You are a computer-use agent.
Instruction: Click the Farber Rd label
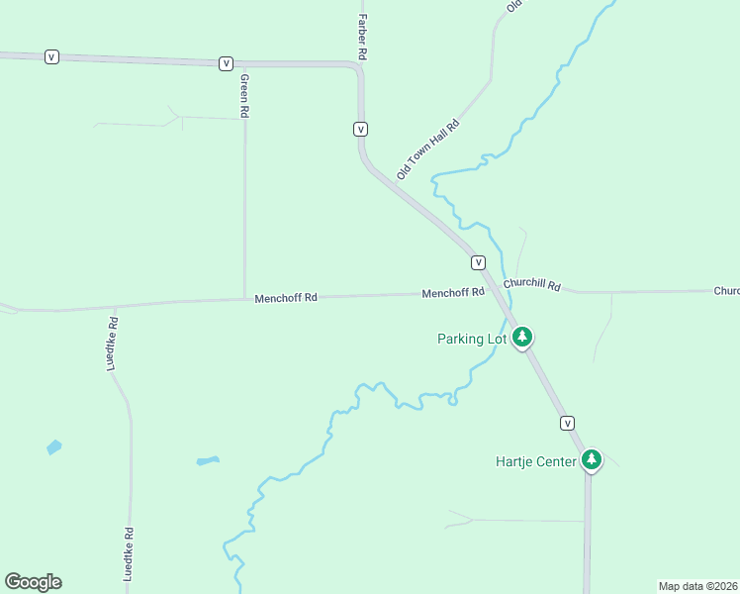point(363,38)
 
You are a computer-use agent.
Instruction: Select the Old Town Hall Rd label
point(428,149)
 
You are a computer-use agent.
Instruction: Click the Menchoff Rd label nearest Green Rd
point(286,297)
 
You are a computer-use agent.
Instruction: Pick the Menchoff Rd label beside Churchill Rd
point(453,293)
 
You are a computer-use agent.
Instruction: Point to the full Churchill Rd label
point(531,284)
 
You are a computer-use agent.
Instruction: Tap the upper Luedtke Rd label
point(113,344)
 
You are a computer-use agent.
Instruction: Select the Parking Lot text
point(472,339)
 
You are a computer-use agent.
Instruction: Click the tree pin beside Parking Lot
point(522,338)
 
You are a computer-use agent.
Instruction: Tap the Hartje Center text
point(535,461)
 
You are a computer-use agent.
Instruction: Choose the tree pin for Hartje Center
point(592,459)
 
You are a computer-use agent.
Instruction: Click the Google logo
point(33,582)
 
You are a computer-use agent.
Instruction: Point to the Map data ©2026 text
point(696,585)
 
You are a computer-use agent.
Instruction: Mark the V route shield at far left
point(51,57)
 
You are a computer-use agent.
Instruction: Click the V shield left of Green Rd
point(227,63)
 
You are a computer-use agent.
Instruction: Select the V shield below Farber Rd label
point(361,129)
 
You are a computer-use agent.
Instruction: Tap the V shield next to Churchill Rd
point(478,262)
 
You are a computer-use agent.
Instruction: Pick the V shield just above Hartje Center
point(567,423)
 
